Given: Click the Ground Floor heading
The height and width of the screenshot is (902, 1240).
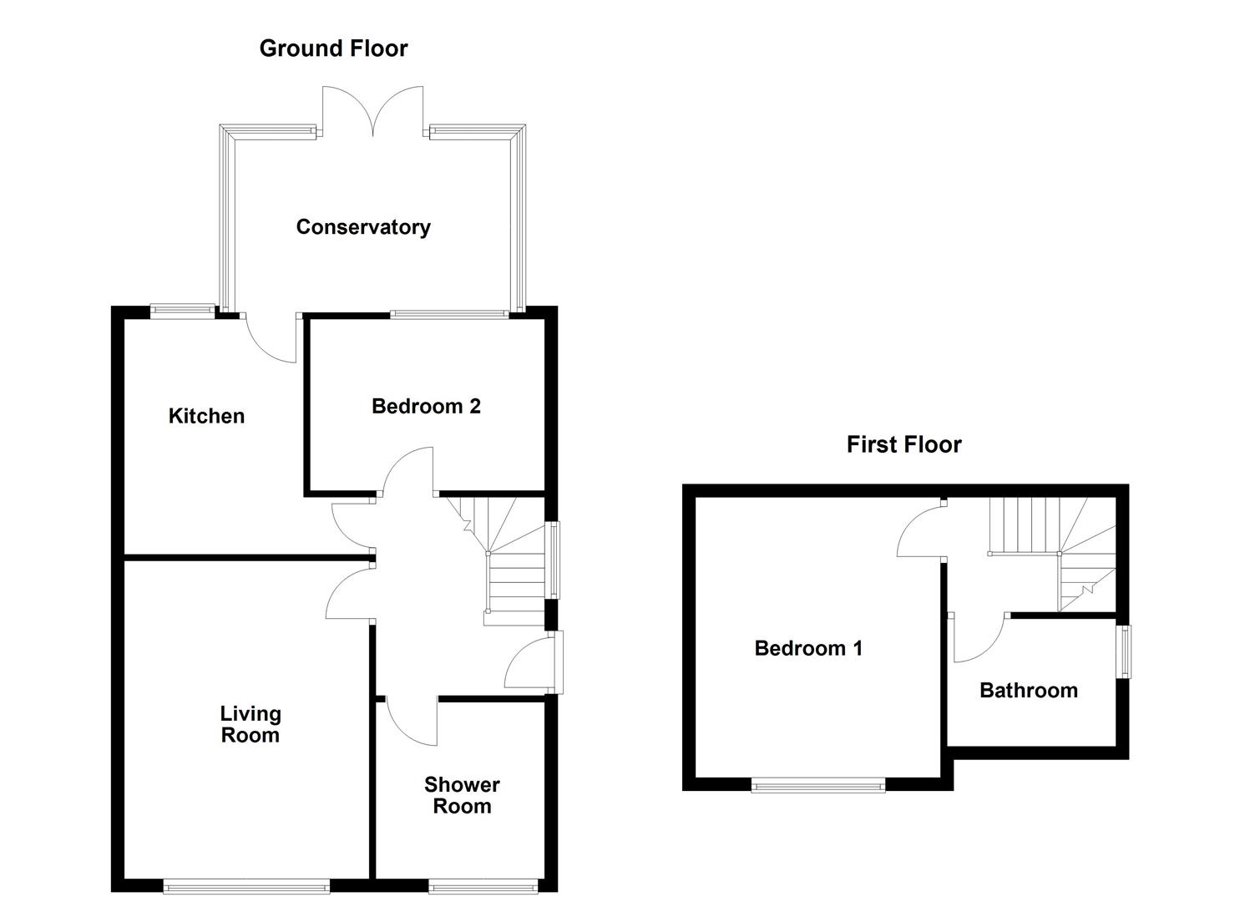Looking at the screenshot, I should coord(333,48).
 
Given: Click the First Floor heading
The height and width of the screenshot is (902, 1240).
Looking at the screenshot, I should coord(903,444).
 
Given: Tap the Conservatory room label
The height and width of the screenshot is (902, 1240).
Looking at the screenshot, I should coord(363,227).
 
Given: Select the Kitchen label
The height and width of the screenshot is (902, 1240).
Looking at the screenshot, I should coord(206,416).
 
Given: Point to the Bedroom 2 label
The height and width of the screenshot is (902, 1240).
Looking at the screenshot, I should coord(426,407).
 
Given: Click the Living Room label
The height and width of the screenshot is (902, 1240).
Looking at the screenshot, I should coord(250,724).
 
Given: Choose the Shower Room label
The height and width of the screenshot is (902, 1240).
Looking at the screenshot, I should coord(462,795).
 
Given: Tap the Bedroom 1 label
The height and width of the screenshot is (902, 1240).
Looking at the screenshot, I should coord(808,648).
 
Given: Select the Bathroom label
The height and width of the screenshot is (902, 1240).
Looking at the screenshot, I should coord(1028,691).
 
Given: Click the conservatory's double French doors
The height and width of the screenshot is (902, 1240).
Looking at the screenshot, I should coord(373,113).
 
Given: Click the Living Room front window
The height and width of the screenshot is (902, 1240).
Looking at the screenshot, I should coord(246,887).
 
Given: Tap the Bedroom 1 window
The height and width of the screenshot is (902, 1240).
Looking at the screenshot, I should coord(817,784).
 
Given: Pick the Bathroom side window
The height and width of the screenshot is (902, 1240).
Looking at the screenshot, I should coord(1125,651).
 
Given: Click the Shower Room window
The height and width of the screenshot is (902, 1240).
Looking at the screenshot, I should coord(483,887).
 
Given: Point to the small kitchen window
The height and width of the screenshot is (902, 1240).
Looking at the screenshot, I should coord(182,311).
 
